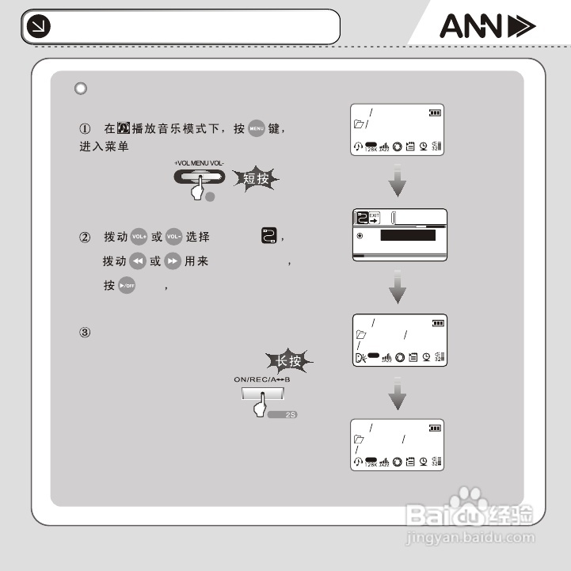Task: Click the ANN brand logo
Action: (487, 28)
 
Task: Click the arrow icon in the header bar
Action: (37, 28)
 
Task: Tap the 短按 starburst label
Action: (257, 179)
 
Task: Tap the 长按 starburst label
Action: (287, 361)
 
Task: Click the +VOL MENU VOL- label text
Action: (200, 163)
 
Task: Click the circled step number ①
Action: (85, 128)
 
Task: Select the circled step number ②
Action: (85, 238)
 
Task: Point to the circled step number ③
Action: (85, 332)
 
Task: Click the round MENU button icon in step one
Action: (256, 128)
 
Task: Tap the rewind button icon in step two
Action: (139, 261)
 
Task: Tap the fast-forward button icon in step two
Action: (173, 261)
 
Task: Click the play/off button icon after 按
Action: (127, 286)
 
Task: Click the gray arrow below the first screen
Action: (398, 185)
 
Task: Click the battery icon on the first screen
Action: (435, 113)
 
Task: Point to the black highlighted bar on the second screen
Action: (408, 235)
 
